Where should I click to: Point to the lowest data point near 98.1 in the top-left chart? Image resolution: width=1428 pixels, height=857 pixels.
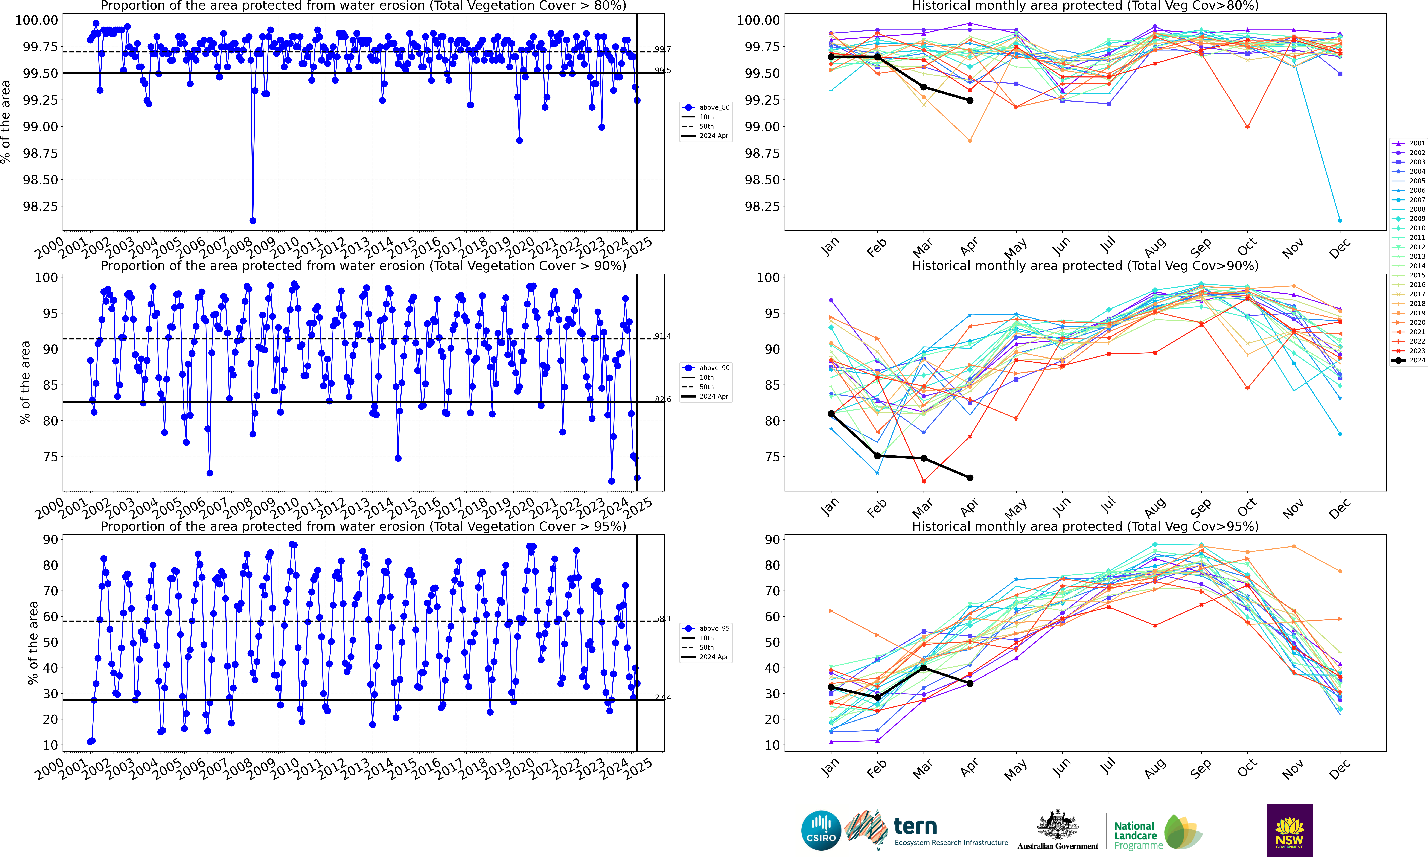(x=252, y=221)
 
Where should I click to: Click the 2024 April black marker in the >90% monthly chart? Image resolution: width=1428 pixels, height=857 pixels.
(x=970, y=478)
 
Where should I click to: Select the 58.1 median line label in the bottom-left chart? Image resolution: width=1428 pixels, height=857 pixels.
(x=663, y=618)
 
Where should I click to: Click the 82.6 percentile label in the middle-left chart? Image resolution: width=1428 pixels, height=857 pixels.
(x=663, y=399)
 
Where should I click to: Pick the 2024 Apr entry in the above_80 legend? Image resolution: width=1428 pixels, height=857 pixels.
(x=714, y=136)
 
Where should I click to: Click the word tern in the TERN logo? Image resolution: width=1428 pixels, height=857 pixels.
(x=915, y=826)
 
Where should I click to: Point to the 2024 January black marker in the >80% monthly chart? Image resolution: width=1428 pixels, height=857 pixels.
(x=831, y=57)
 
